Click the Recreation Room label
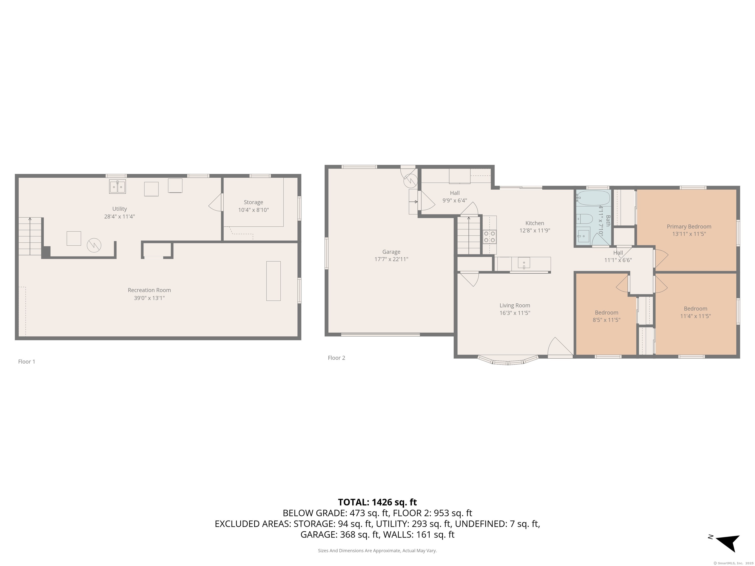point(149,290)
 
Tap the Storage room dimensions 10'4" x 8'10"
point(253,210)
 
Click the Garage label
point(391,252)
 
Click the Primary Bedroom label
point(689,226)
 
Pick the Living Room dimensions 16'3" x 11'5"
point(515,313)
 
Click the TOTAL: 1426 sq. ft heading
point(377,502)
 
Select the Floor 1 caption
point(27,362)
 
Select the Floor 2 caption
point(336,358)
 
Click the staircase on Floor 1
point(30,236)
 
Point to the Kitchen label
point(535,223)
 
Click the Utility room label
point(119,209)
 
